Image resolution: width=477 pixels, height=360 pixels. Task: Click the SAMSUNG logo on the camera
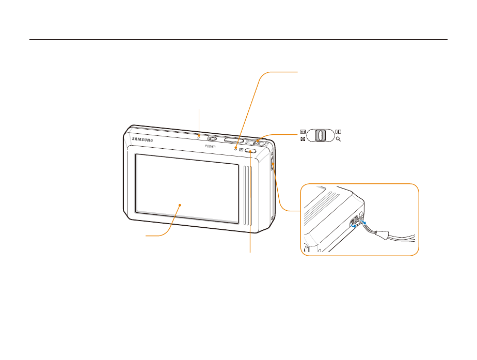coord(143,138)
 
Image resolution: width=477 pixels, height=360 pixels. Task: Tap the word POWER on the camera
coord(210,147)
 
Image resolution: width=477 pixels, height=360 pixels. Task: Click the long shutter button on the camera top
coord(233,139)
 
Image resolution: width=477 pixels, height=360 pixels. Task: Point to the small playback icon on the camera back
coord(241,150)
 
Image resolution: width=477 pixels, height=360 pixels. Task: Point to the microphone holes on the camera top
coord(199,137)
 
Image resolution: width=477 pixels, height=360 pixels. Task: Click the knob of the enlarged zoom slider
coord(320,136)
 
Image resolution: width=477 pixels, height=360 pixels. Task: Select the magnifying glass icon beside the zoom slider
coord(338,140)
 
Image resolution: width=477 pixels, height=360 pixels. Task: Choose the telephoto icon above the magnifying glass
coord(338,132)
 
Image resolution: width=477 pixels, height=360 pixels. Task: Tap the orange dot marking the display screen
coord(180,205)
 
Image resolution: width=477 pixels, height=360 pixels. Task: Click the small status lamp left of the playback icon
coord(236,149)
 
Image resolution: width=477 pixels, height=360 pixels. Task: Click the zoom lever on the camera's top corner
coord(259,139)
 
